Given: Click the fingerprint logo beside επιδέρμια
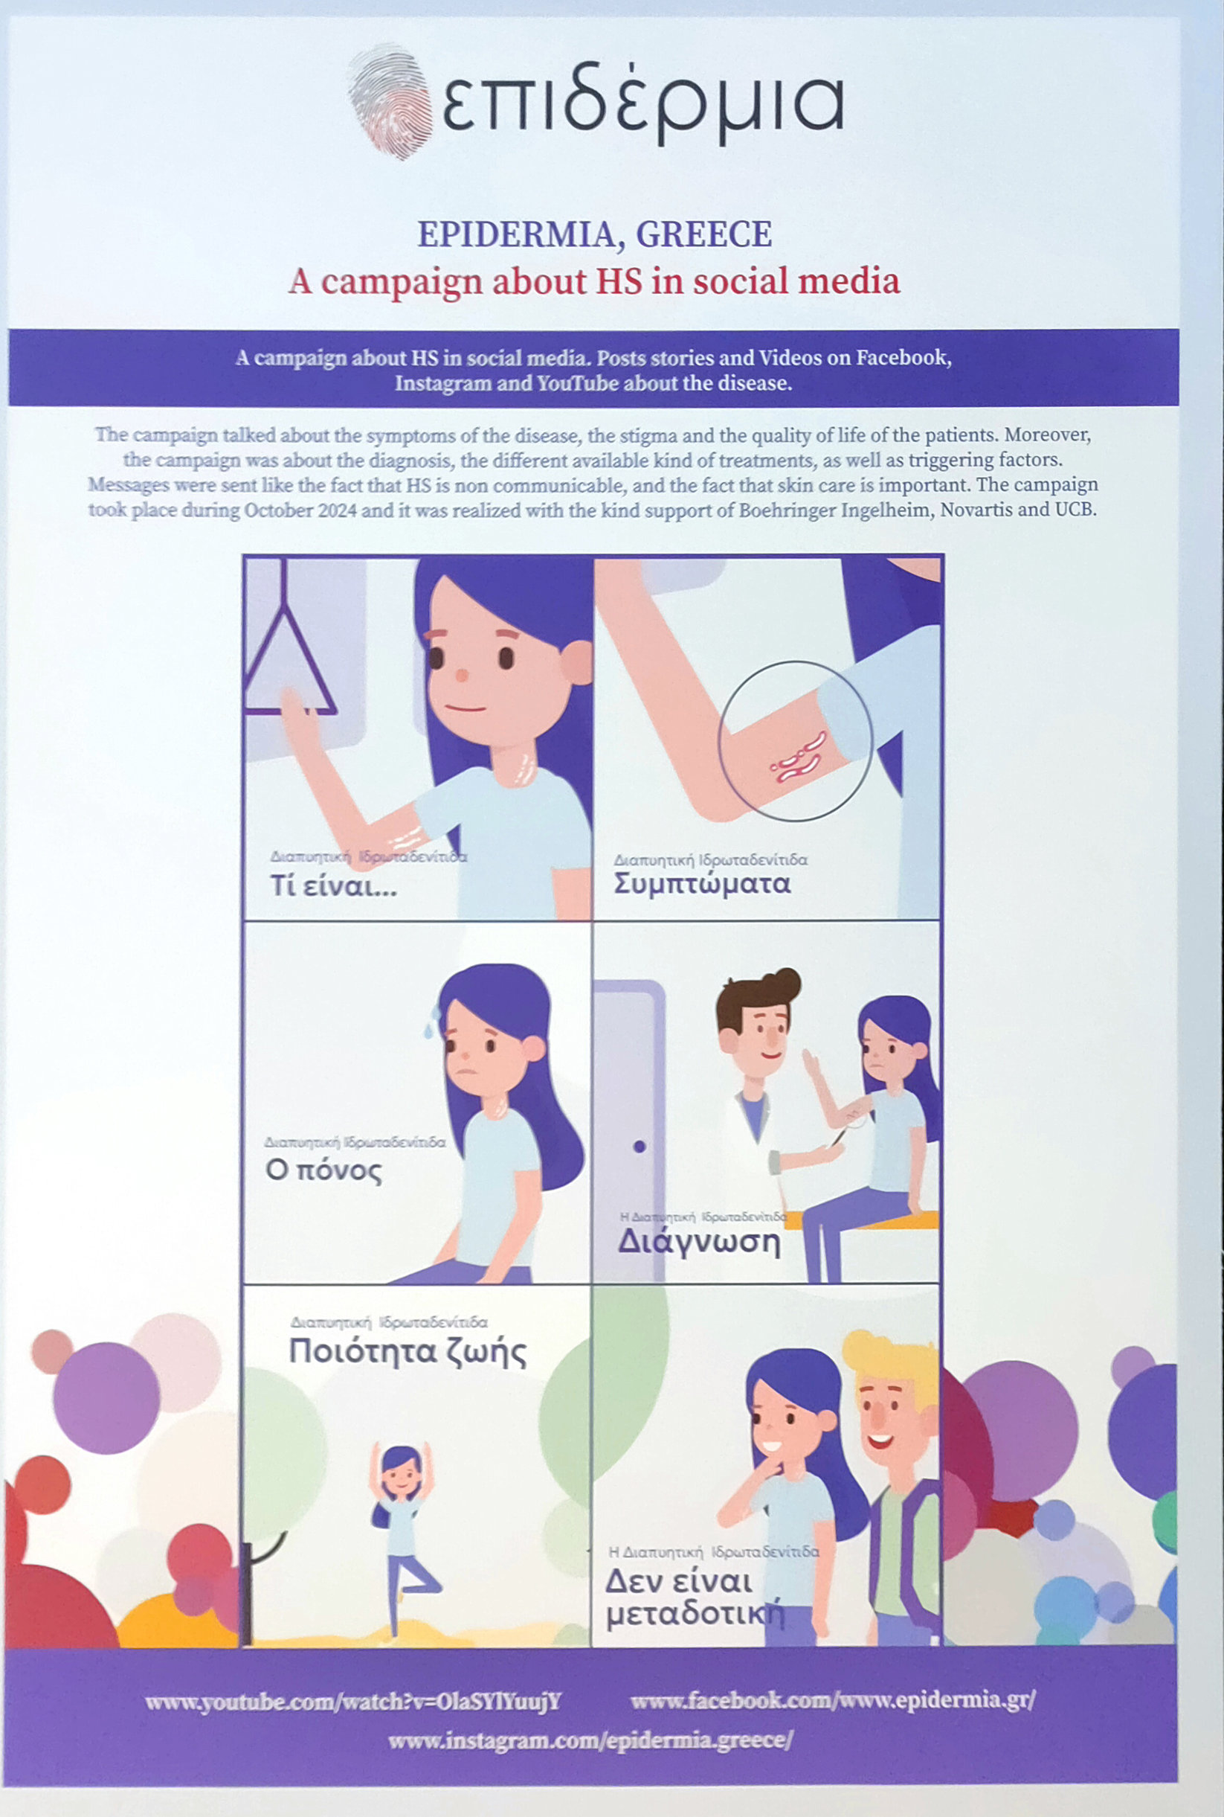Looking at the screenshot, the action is point(391,101).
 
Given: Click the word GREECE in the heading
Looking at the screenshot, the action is point(704,234).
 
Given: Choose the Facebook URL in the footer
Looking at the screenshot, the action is point(833,1701).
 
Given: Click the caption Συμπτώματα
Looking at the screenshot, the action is point(702,884).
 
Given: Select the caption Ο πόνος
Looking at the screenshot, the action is point(323,1170).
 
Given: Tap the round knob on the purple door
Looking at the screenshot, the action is point(640,1147).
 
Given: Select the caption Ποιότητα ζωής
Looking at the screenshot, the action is point(408,1352).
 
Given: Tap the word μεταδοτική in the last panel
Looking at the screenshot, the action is point(695,1613).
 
